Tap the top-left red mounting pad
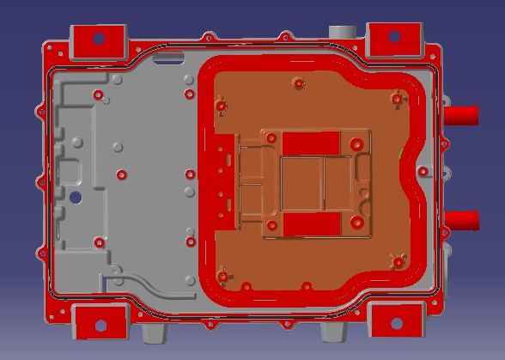click(97, 40)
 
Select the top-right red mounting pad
click(394, 38)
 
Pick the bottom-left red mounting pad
click(100, 325)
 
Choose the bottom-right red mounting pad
click(395, 323)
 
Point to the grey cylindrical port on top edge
click(343, 31)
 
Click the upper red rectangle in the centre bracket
click(311, 143)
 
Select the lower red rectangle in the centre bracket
click(311, 224)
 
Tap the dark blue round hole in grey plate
click(76, 197)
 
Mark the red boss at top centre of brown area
click(298, 83)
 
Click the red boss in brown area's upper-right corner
click(397, 99)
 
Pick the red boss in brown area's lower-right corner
click(396, 259)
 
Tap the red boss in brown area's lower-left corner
click(223, 277)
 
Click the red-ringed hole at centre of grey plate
click(121, 174)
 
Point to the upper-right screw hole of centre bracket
click(356, 143)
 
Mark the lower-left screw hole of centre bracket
click(272, 226)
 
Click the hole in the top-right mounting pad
click(394, 37)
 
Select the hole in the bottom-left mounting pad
click(100, 326)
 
